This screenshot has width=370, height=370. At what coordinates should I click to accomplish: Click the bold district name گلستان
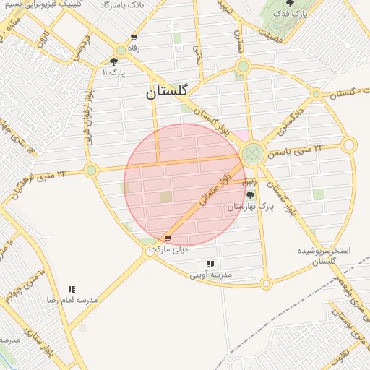pyautogui.click(x=167, y=92)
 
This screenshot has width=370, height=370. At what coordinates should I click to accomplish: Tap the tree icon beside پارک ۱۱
pyautogui.click(x=114, y=62)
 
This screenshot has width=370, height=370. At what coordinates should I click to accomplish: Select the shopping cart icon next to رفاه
pyautogui.click(x=134, y=38)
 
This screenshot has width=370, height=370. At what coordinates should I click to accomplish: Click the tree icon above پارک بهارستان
pyautogui.click(x=251, y=194)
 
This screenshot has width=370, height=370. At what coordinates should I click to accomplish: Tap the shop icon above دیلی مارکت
pyautogui.click(x=168, y=238)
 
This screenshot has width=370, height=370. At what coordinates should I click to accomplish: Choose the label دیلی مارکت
pyautogui.click(x=168, y=249)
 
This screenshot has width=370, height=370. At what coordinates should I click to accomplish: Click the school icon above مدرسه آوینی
pyautogui.click(x=210, y=264)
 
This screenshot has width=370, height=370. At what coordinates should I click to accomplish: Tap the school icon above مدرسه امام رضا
pyautogui.click(x=72, y=288)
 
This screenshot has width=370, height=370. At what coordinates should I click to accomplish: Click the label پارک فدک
pyautogui.click(x=293, y=14)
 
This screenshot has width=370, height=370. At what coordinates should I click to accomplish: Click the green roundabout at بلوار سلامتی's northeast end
pyautogui.click(x=252, y=153)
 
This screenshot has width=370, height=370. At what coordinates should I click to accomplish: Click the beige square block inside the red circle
pyautogui.click(x=166, y=197)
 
